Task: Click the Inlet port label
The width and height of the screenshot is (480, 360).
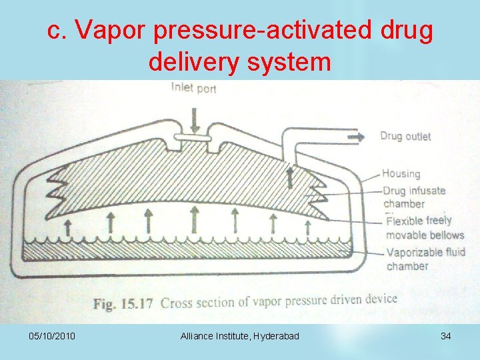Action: [194, 87]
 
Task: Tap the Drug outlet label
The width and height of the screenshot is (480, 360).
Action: [405, 137]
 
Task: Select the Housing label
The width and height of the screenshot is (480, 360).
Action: [401, 174]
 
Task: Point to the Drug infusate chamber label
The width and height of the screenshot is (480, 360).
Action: [413, 197]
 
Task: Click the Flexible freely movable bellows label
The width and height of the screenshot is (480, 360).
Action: [425, 227]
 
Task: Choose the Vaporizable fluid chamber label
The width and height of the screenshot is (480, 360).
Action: [425, 259]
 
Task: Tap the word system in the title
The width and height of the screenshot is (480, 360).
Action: [297, 62]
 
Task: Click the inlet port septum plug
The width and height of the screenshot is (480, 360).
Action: [194, 139]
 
